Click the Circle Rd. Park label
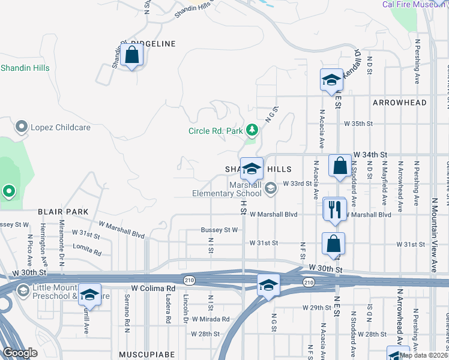(215, 130)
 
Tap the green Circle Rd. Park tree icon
(253, 130)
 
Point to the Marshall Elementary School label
(227, 189)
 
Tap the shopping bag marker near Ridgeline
(132, 56)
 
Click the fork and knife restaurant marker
(334, 209)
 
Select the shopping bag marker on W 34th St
(340, 166)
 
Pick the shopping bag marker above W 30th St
(334, 244)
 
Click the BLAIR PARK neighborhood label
(63, 212)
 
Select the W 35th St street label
(358, 124)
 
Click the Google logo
(20, 353)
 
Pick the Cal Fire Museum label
(415, 5)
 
